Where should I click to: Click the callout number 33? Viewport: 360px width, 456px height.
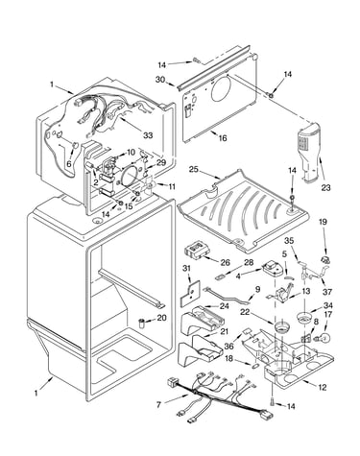point(148,135)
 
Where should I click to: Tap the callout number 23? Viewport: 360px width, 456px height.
point(325,187)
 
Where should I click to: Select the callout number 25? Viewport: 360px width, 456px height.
point(194,169)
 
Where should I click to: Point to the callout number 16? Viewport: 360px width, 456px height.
point(223,138)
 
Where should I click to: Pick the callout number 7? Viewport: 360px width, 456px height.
point(159,405)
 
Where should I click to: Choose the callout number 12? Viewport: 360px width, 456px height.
point(323,387)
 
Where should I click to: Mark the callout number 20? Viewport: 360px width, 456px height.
point(162,318)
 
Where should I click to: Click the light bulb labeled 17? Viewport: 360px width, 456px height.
point(324,337)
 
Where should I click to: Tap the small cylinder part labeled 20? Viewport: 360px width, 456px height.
point(142,323)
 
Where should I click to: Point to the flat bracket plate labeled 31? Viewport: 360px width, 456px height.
point(190,293)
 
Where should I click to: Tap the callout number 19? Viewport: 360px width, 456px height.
point(324,222)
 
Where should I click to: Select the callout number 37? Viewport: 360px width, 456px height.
point(327,292)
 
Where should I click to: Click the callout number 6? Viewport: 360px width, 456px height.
point(69,163)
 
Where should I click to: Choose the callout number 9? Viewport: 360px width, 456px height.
point(257,289)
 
